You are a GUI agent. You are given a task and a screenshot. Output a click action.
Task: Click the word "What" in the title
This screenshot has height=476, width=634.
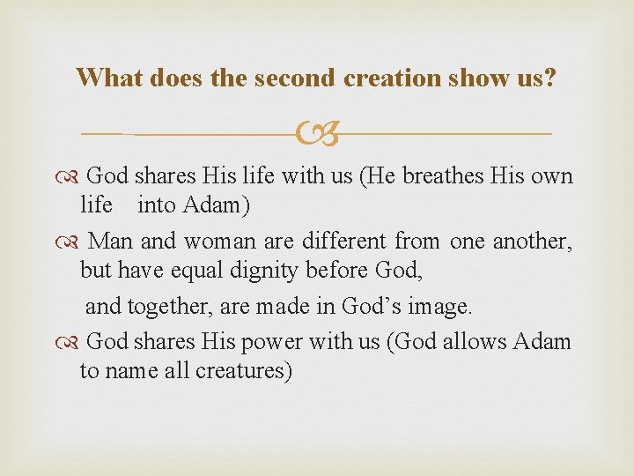(110, 78)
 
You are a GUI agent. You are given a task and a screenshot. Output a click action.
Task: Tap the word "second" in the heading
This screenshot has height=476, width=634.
(295, 78)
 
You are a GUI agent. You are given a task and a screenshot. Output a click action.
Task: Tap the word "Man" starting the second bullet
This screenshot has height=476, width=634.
(110, 240)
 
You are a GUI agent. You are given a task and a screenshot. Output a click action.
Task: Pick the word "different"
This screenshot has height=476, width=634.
(343, 240)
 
